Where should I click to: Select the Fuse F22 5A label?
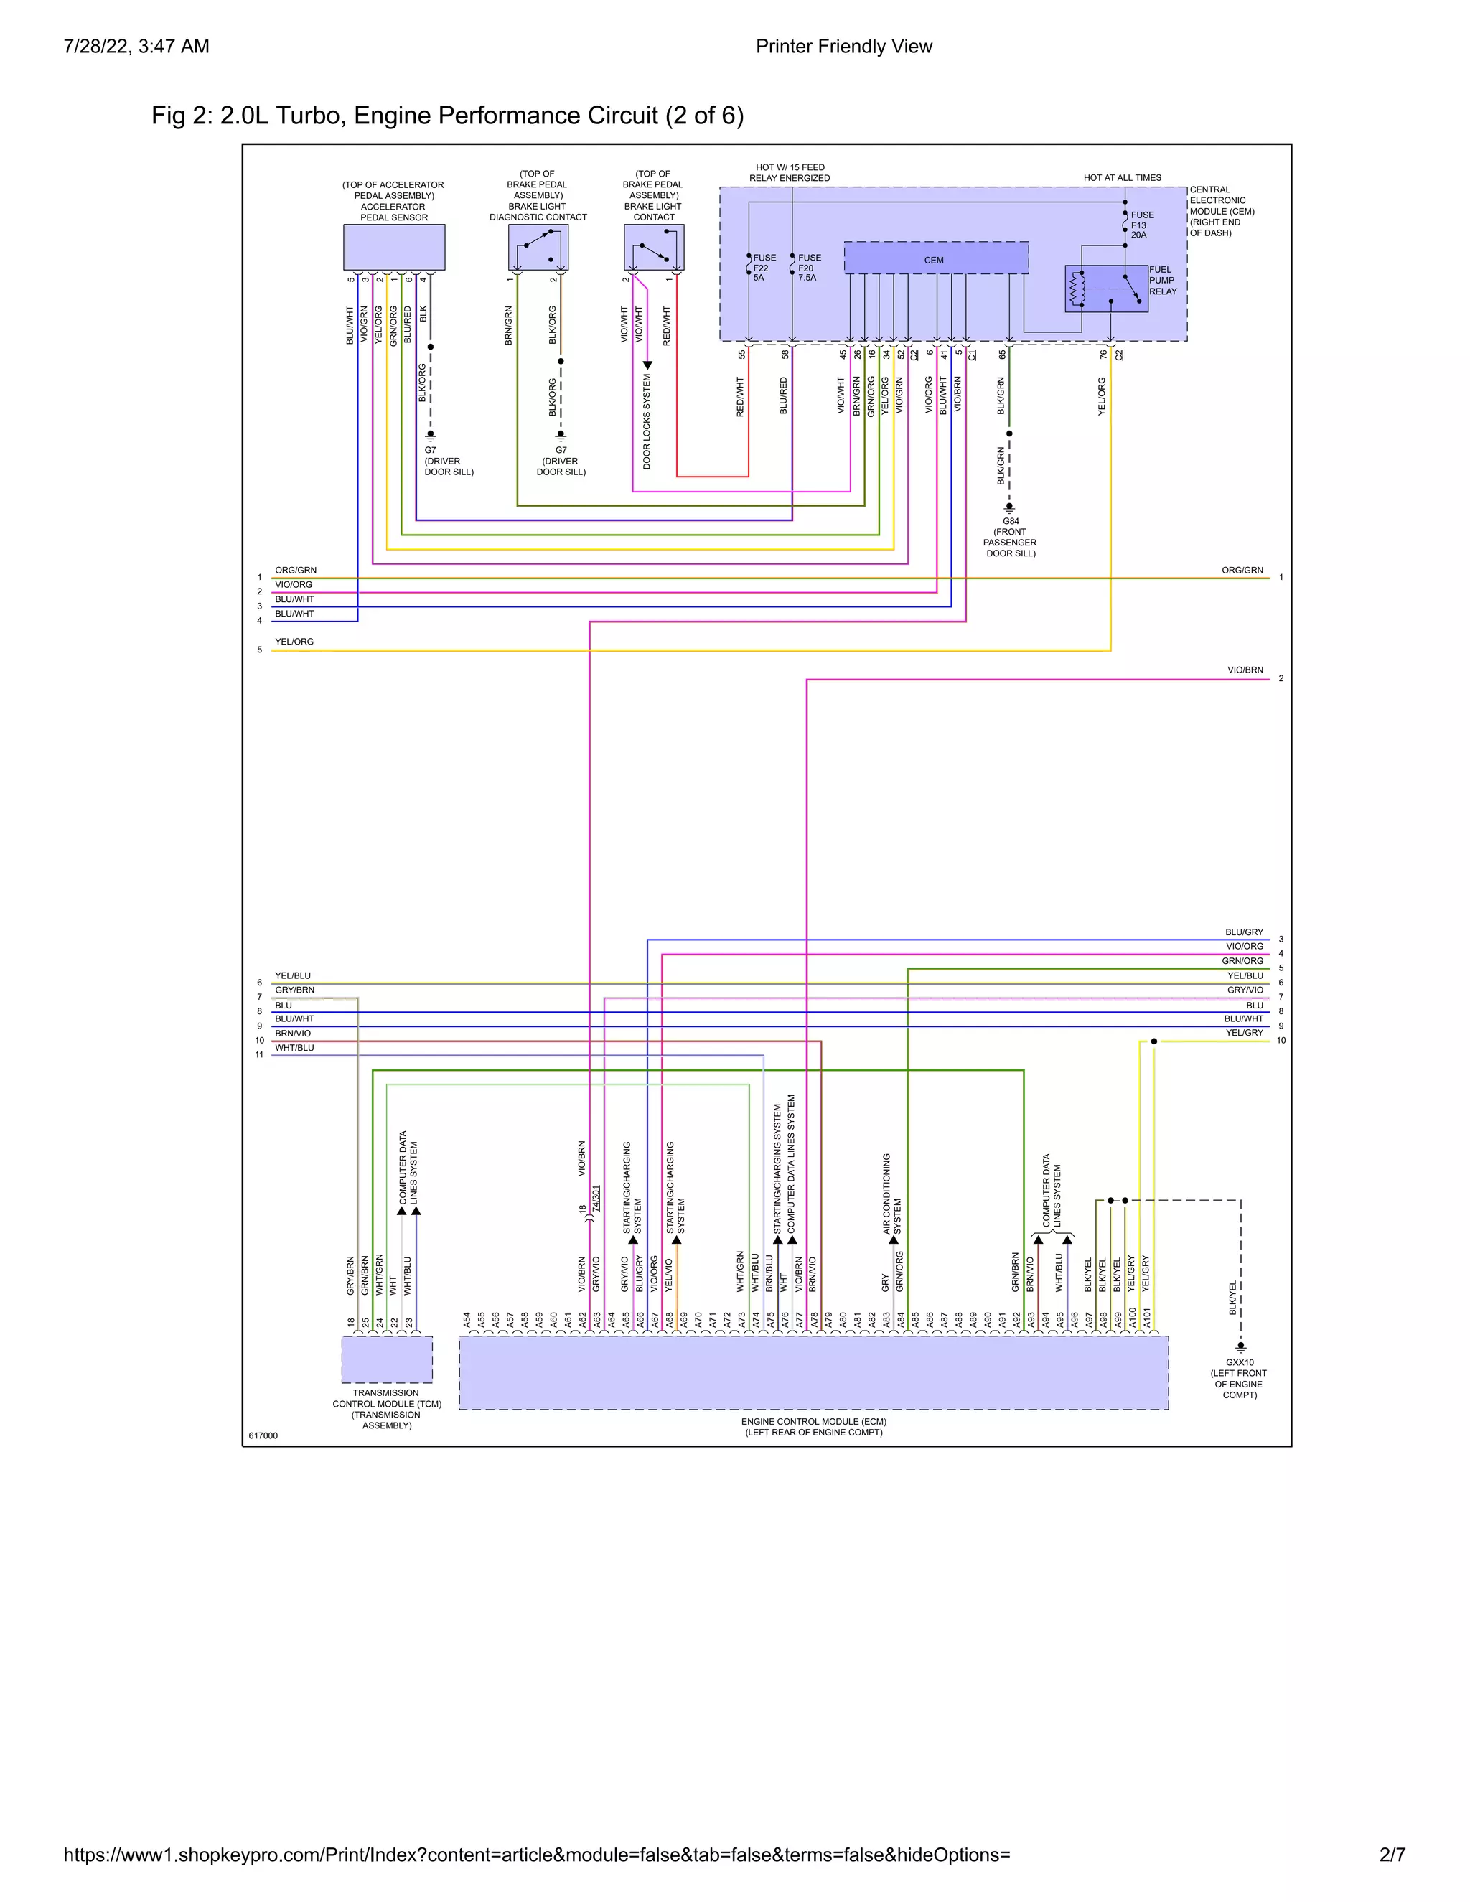coord(763,268)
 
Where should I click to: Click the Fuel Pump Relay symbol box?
coord(1105,289)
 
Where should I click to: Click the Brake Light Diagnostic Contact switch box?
coord(538,248)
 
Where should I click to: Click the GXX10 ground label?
coord(1239,1378)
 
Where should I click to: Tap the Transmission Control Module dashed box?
coord(387,1359)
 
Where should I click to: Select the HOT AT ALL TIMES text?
coord(1122,178)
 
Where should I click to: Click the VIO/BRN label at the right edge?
coord(1245,670)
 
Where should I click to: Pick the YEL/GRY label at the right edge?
coord(1244,1033)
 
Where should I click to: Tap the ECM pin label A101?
coord(1147,1317)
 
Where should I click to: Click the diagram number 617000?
coord(263,1435)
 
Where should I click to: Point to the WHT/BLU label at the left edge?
coord(294,1048)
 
